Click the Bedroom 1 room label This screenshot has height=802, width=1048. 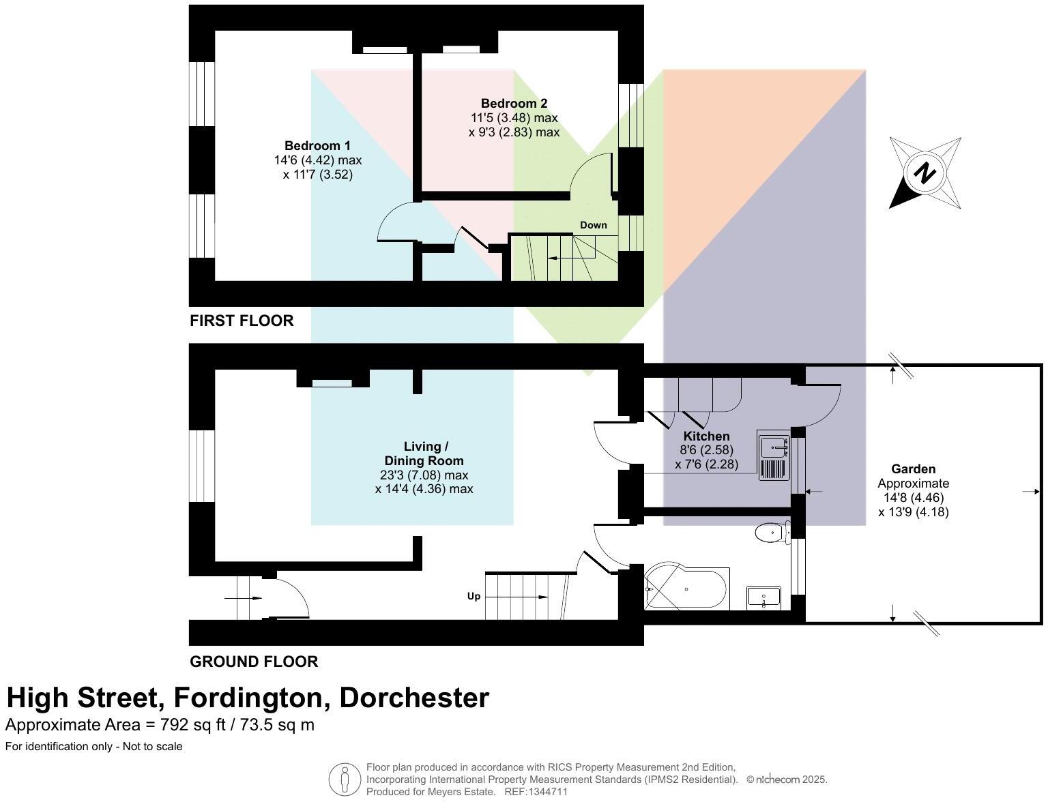(317, 146)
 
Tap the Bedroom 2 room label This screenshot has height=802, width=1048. (514, 104)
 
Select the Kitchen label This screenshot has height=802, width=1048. (706, 436)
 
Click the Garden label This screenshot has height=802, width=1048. (913, 469)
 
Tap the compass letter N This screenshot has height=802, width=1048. (925, 173)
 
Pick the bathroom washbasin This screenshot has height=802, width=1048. (763, 597)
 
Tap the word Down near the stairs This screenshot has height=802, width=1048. (593, 225)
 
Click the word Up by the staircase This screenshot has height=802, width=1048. (474, 596)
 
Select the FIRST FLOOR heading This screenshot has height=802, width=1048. (242, 321)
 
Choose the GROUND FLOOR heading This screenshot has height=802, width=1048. (254, 662)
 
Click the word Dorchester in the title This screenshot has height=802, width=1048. (414, 698)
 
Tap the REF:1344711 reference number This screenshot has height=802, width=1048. (536, 792)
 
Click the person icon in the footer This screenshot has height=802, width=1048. (345, 779)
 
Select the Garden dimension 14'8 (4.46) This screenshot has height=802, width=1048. (913, 498)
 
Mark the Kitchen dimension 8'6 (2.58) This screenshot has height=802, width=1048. (706, 450)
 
